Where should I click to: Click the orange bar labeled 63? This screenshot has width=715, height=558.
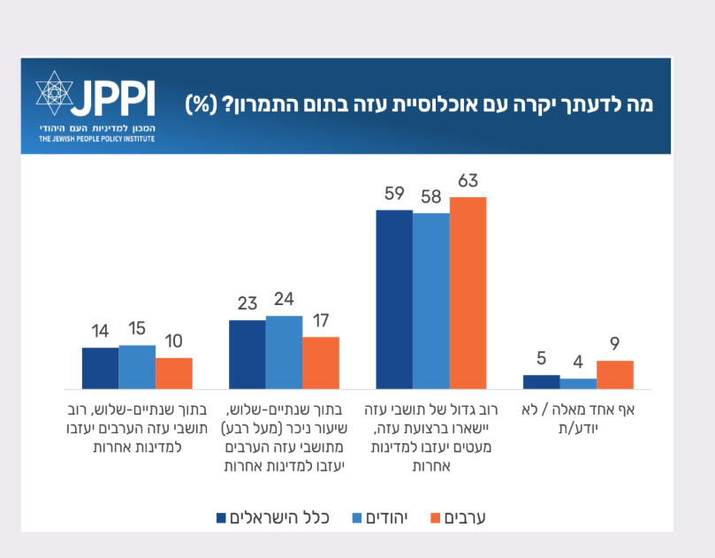coord(468,293)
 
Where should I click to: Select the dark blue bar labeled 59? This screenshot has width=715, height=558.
coord(394,300)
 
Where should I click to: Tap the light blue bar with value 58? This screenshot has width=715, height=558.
coord(431,301)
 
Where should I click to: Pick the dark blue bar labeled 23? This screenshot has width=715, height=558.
coord(247,354)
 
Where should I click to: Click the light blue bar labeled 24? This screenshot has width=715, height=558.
coord(284,352)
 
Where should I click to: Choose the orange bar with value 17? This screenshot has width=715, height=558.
coord(321,363)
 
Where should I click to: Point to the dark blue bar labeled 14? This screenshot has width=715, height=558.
coord(100,368)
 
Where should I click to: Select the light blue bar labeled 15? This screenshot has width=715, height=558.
coord(137,367)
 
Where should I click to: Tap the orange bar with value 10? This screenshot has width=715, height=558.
coord(174,373)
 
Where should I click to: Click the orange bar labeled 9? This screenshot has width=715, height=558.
coord(615,375)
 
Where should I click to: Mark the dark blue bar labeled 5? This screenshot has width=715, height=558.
coord(541,382)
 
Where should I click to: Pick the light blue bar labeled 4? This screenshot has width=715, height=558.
coord(578,384)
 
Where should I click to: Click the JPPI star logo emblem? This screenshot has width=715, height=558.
coord(54,96)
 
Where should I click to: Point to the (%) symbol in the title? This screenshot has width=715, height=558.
coord(201,103)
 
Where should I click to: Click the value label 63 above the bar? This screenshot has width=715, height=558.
coord(468,182)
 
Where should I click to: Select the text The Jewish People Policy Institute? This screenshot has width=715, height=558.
coord(96,139)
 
